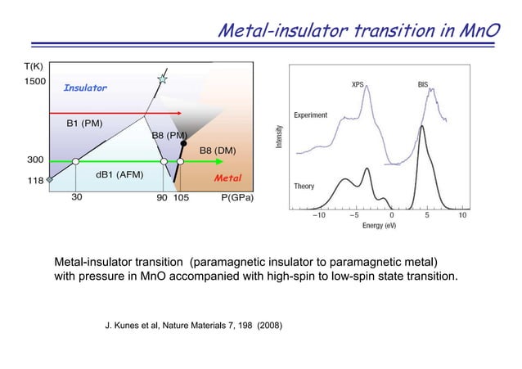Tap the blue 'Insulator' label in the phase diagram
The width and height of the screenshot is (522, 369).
point(85,88)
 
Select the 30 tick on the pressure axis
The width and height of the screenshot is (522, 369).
point(75,198)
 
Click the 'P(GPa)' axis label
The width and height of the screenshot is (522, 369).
point(238,198)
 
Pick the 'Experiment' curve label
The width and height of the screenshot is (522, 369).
point(311,115)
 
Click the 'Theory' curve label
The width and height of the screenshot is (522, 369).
point(304,187)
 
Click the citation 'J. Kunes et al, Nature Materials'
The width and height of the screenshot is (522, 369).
point(195,326)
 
